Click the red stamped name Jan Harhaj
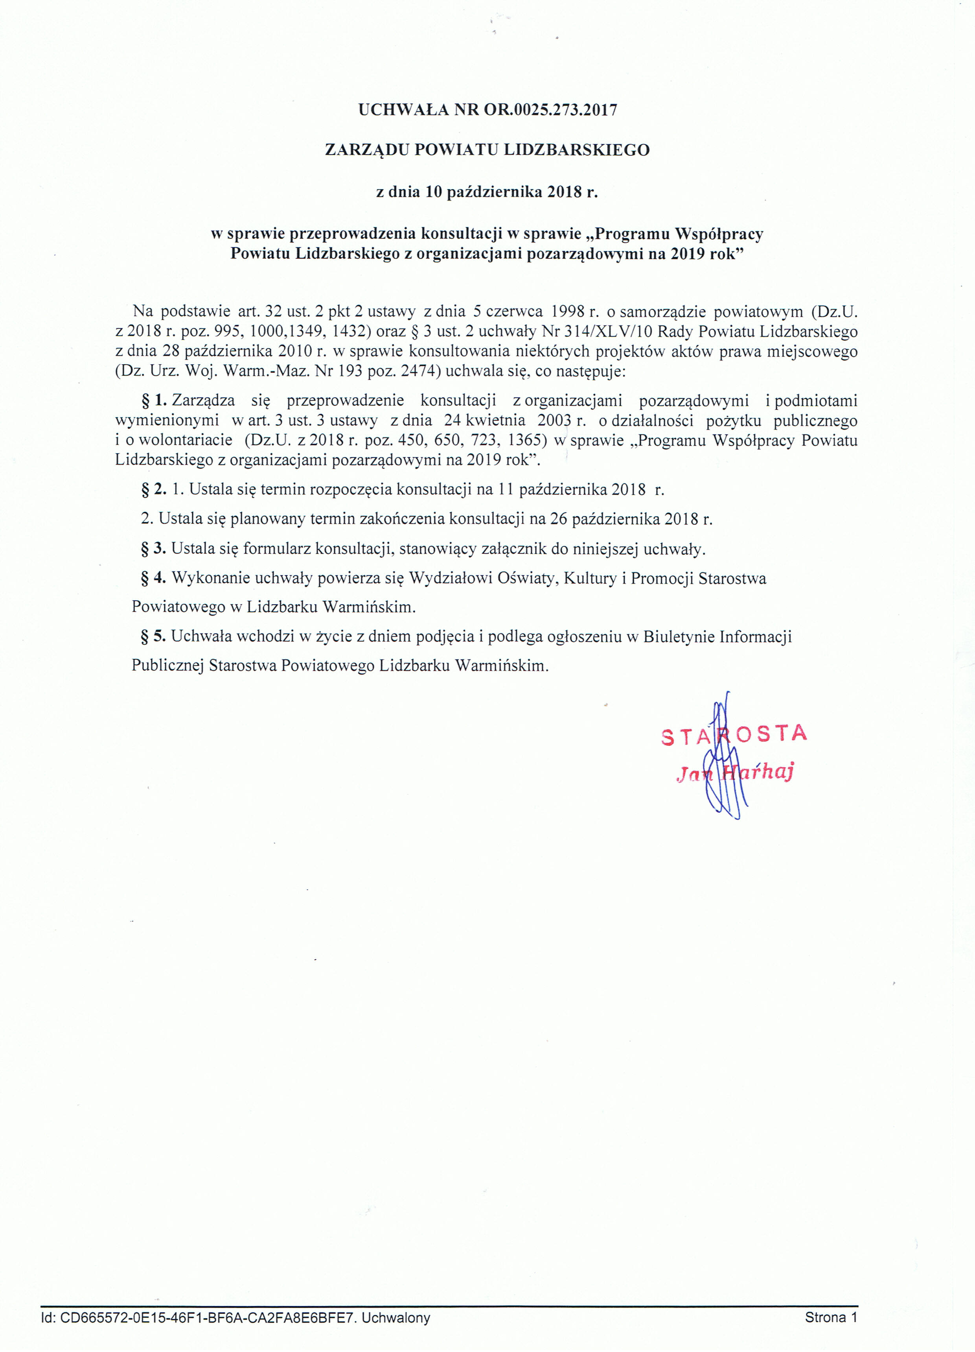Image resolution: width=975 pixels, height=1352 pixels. [735, 773]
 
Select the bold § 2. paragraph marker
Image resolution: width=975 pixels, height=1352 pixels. [154, 489]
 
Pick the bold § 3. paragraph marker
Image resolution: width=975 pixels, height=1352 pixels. [154, 548]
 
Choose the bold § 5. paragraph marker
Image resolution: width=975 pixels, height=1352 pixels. [154, 636]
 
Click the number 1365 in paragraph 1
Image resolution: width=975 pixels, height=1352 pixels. [523, 441]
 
